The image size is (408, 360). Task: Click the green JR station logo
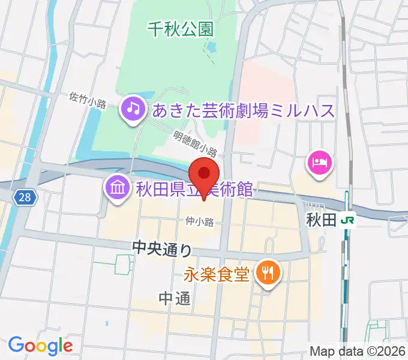tap(347, 220)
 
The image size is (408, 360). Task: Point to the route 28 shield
tap(22, 196)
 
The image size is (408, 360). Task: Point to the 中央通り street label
tap(162, 247)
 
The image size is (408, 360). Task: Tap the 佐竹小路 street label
tap(88, 100)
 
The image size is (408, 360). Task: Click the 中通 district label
tap(175, 298)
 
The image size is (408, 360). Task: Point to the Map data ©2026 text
tap(356, 352)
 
